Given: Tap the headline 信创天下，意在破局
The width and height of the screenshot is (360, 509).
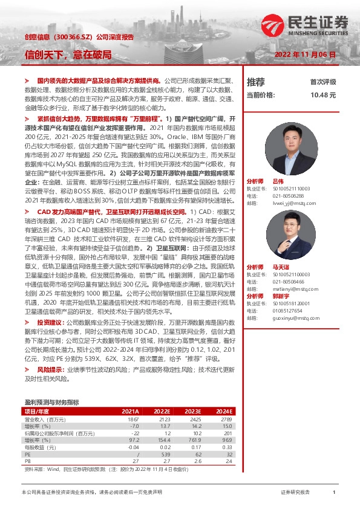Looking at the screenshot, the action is (68, 54).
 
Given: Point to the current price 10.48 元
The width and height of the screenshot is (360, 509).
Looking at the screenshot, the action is (322, 95).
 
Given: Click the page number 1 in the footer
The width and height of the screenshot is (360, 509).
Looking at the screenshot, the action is (333, 493).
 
